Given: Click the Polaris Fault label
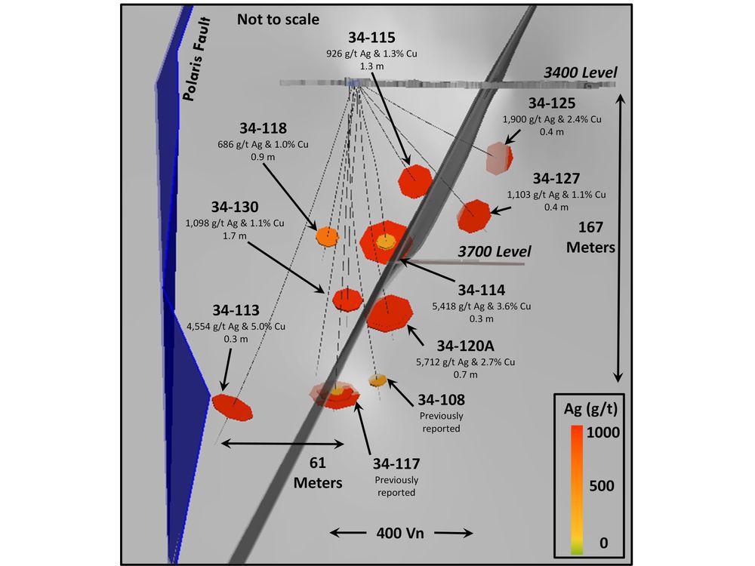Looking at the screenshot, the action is point(196,59).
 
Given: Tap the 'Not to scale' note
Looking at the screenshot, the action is point(278,20).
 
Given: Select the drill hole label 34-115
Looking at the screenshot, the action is point(371,38).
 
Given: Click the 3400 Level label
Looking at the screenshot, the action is point(580,72).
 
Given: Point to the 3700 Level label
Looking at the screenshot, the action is point(494,251).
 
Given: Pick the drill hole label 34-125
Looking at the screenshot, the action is point(552,103).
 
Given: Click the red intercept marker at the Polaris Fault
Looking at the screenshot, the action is point(232,408).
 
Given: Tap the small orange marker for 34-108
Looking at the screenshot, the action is point(378,380).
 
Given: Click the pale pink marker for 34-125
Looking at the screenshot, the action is point(499,158).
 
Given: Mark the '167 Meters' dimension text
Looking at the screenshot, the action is point(591,237).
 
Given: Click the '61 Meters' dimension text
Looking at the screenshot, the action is point(318,472).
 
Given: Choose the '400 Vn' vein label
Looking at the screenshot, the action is point(400,533).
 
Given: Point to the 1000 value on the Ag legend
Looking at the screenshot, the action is point(602,432).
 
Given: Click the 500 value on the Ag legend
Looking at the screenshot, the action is point(602,485).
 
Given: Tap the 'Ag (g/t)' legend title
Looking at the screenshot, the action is point(590,409).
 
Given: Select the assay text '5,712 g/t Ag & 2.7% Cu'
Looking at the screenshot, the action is point(466,362).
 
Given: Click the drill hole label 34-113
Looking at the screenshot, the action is point(236,310).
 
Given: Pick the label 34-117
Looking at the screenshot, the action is point(396,463).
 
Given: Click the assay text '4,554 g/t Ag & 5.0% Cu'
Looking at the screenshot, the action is point(236,326).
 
